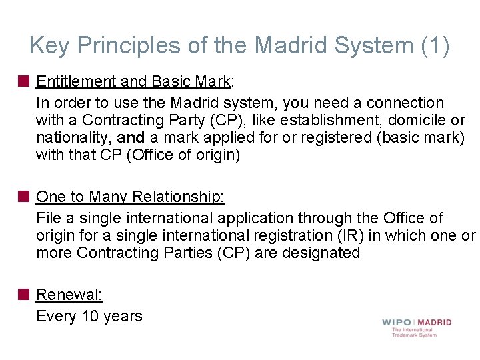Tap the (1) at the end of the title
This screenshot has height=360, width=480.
[436, 46]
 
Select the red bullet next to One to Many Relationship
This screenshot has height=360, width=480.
[24, 197]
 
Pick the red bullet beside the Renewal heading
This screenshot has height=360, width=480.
[24, 295]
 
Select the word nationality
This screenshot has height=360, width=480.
[74, 138]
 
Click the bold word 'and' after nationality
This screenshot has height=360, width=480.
[131, 138]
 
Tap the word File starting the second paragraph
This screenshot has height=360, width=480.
[49, 218]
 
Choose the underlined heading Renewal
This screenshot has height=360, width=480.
[69, 295]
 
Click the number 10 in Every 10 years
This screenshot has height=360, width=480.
[90, 316]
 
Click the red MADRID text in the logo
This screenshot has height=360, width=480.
[434, 322]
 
